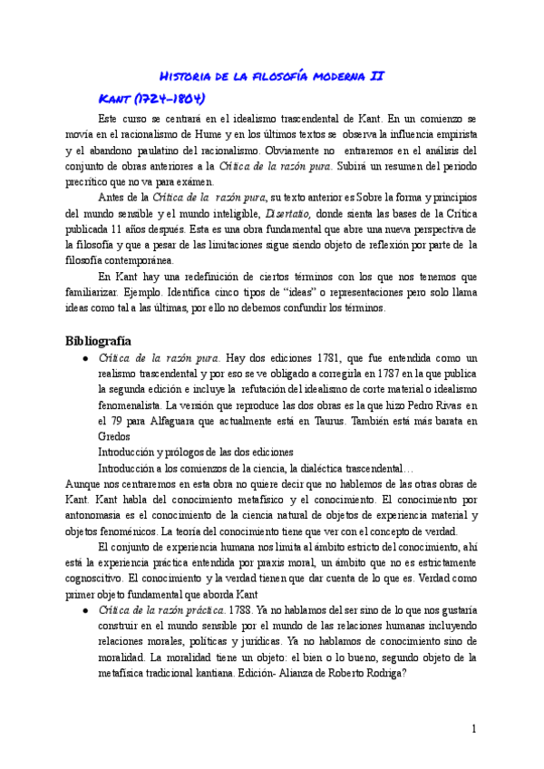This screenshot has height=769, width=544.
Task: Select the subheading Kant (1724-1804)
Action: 152,98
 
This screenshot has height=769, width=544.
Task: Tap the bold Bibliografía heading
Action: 99,341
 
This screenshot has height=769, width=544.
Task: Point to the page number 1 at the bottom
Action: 473,728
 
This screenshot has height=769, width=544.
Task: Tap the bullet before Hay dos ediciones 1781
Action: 85,360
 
